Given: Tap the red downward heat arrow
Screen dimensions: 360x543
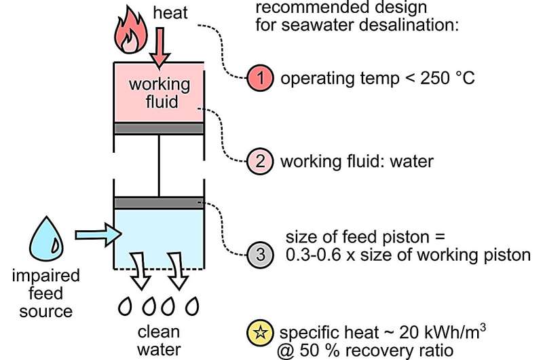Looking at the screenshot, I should (x=160, y=49).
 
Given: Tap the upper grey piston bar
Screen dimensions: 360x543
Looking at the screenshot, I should (x=159, y=128).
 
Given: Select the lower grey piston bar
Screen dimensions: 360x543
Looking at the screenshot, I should (x=159, y=202).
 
